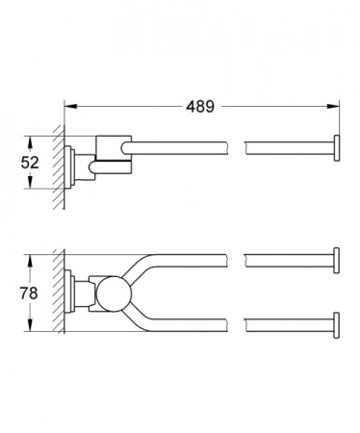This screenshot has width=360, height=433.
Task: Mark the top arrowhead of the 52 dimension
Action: (42, 136)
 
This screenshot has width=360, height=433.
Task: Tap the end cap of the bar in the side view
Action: (336, 146)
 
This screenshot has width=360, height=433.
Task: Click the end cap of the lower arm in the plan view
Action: (336, 321)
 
